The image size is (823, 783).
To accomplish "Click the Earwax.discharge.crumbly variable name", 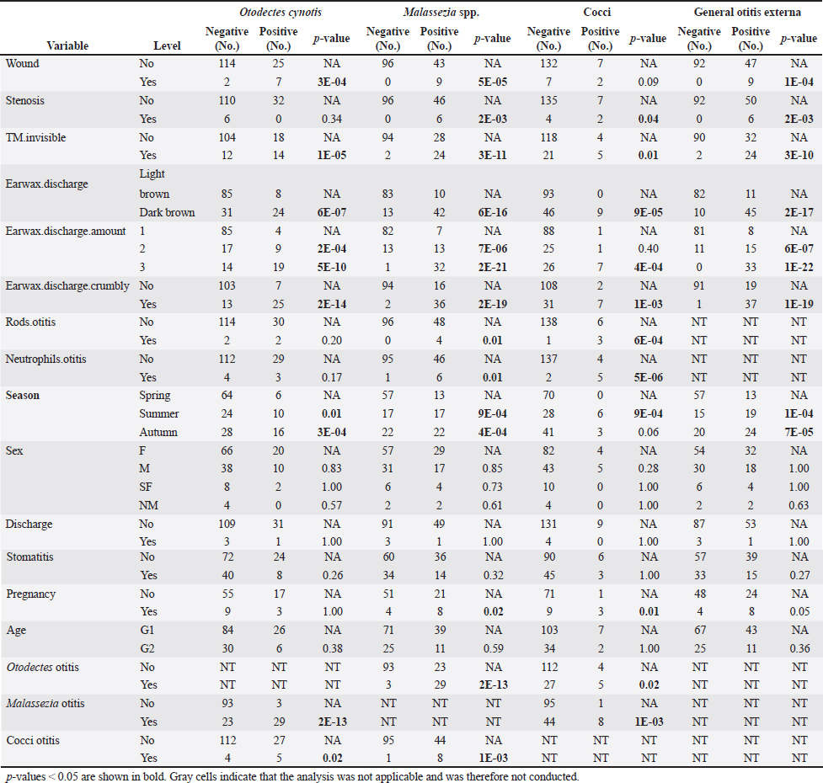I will (67, 285).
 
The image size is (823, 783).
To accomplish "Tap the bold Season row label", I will (24, 396).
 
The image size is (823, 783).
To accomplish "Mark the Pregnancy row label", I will (31, 594).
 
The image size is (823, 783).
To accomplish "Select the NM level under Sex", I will (148, 504).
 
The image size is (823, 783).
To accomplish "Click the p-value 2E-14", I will (331, 303).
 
